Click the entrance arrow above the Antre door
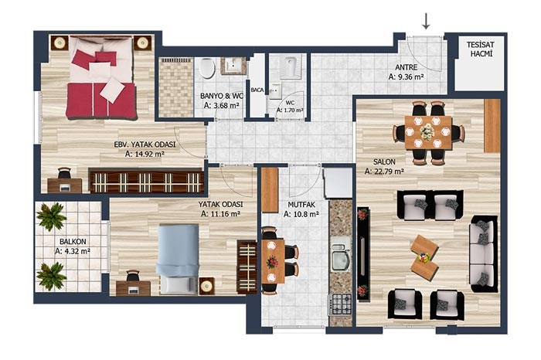[x=427, y=21]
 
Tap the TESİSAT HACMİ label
[x=481, y=49]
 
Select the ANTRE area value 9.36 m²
[x=406, y=77]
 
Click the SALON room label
[x=384, y=161]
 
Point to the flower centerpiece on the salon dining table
[x=428, y=131]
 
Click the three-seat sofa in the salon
[x=483, y=254]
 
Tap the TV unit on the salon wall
[x=363, y=254]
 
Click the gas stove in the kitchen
[x=339, y=304]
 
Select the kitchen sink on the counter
[x=341, y=256]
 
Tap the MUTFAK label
[x=301, y=205]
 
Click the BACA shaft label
[x=257, y=90]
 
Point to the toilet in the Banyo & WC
[x=207, y=68]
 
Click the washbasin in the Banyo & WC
[x=233, y=66]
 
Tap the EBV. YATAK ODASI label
[x=145, y=144]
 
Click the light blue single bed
[x=177, y=260]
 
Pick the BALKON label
[x=73, y=242]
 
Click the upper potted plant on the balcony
[x=52, y=216]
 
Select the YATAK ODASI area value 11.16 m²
[x=220, y=214]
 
